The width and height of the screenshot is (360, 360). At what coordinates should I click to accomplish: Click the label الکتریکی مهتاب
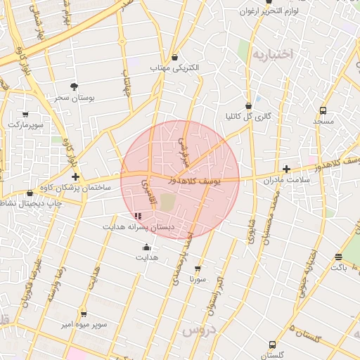pos(175,68)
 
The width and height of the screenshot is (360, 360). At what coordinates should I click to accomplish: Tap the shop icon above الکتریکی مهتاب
pos(174,58)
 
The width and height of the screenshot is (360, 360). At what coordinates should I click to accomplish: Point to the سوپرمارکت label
pos(25,124)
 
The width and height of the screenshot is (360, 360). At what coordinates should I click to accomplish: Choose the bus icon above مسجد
pos(323,110)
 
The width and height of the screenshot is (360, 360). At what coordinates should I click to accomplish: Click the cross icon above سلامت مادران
pos(286,169)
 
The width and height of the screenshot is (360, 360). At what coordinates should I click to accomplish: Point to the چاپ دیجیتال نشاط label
pos(30,204)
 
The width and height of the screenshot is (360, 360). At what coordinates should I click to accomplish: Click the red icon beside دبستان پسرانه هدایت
pos(137,216)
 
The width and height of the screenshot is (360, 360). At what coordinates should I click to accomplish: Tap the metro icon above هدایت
pos(146,247)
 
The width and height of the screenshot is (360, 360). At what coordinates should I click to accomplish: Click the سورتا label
pos(197,278)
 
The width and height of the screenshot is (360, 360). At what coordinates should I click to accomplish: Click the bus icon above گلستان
pos(272,345)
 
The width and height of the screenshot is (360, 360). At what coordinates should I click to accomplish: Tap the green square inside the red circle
pos(167,202)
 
